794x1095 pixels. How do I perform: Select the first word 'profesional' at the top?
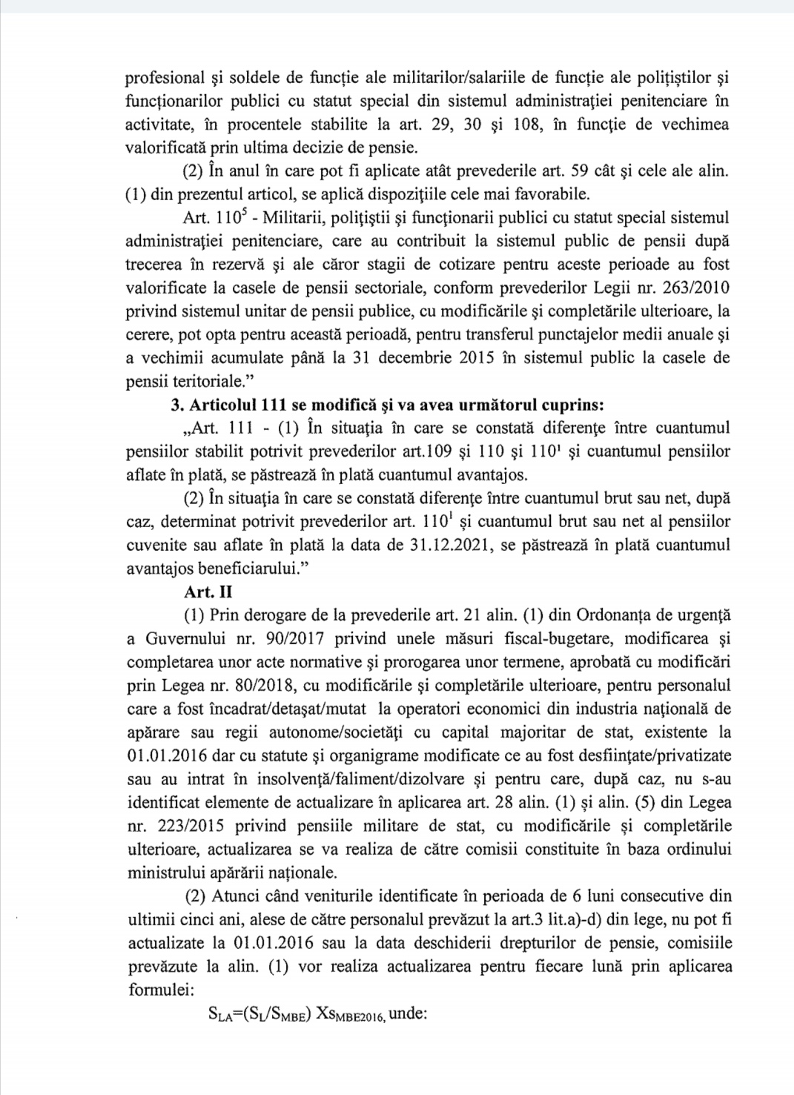click(x=162, y=76)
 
